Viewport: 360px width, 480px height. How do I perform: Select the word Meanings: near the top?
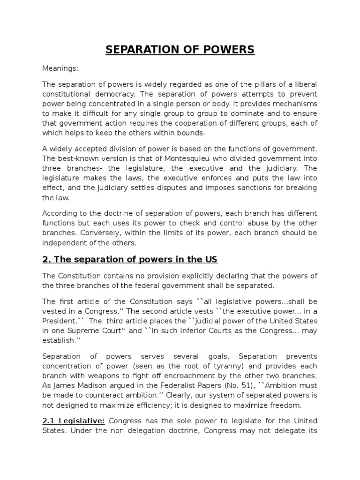coord(60,68)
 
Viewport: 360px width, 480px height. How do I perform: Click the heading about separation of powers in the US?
coord(130,259)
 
